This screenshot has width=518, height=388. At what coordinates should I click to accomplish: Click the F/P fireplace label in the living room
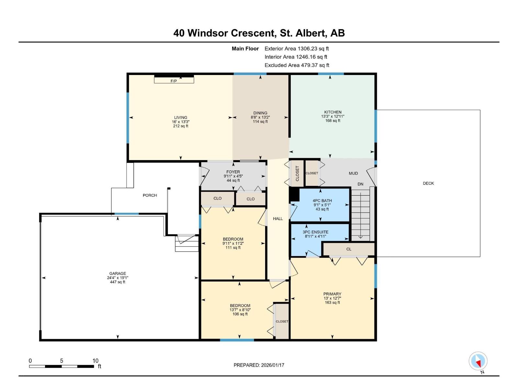tap(174, 81)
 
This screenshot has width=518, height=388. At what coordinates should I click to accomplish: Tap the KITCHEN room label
tap(333, 112)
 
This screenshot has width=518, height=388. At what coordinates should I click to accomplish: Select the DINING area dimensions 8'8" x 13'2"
tap(260, 117)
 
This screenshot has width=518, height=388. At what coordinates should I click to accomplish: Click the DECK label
tap(428, 183)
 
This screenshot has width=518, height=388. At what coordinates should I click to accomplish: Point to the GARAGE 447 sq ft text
tap(117, 282)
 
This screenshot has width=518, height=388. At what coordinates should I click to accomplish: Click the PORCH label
tap(150, 195)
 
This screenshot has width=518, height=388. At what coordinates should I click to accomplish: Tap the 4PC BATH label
tap(322, 201)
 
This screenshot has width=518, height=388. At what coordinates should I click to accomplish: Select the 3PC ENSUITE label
tap(315, 232)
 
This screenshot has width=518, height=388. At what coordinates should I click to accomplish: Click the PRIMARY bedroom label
tap(332, 294)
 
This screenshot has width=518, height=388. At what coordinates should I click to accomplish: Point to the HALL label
tap(278, 219)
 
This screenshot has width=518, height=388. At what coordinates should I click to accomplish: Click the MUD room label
tap(353, 173)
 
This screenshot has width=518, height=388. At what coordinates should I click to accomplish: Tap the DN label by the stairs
tap(360, 184)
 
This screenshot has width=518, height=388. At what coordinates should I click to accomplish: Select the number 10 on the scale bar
tap(95, 361)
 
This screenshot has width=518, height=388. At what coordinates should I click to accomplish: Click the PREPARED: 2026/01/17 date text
tap(259, 365)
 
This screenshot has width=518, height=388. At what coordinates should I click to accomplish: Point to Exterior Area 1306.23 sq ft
tap(297, 49)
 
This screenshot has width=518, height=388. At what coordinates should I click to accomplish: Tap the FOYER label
tap(233, 172)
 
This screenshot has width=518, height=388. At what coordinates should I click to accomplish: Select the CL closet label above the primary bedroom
tap(349, 249)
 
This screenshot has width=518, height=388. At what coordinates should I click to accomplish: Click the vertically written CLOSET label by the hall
tap(297, 174)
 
